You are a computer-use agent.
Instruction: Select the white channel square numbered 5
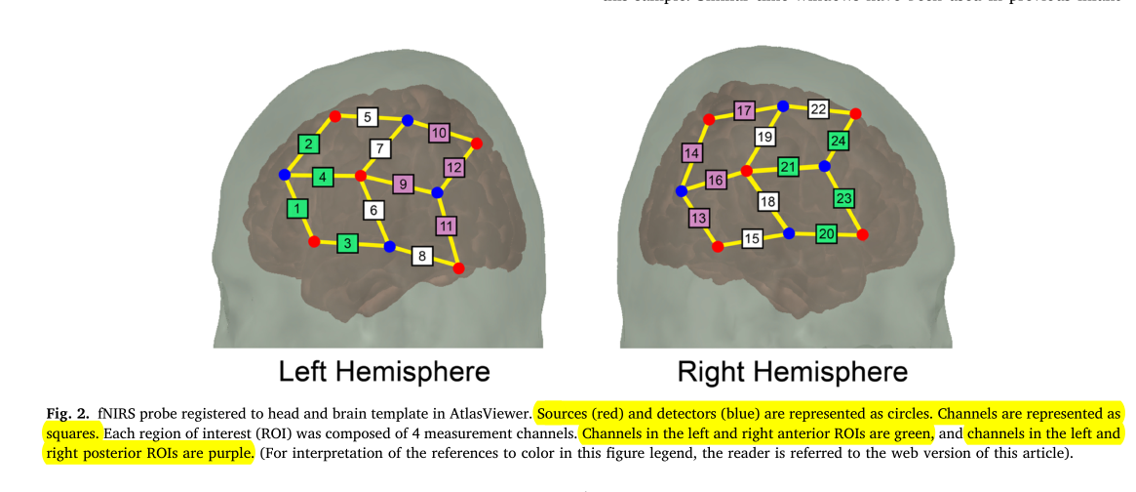pos(368,118)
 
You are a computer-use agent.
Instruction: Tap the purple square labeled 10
pos(439,133)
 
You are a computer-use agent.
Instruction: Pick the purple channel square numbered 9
pos(404,183)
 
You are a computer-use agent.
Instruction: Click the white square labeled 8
pos(422,256)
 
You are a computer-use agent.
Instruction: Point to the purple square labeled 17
pos(745,110)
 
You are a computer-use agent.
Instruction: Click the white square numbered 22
pos(819,108)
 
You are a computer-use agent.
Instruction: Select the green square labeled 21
pos(788,167)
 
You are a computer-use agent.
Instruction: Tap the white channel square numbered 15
pos(752,238)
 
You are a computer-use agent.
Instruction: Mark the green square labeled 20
pos(826,234)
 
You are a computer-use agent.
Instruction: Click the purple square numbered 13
pos(698,217)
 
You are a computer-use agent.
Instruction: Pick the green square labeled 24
pos(839,141)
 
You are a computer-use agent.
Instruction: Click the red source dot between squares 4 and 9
pos(361,176)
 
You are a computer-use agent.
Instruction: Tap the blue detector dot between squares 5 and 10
pos(408,121)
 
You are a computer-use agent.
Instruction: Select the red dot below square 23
pos(862,234)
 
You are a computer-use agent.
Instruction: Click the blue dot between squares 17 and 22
pos(782,105)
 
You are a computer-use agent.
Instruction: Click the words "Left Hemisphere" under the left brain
pos(384,372)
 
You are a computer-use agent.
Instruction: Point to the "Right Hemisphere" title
pos(792,372)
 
